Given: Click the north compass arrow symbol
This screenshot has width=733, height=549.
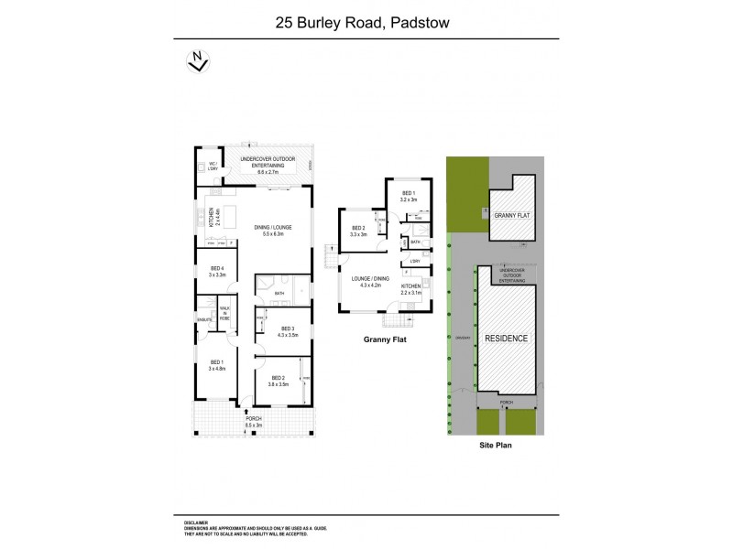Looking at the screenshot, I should tap(194, 61).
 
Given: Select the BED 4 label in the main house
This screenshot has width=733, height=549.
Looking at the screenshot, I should tap(216, 272).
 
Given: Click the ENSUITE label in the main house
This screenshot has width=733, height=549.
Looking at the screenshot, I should tap(203, 318).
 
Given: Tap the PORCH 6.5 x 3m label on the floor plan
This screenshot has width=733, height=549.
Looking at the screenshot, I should tap(254, 422).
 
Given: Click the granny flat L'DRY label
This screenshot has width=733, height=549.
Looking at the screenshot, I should tap(415, 263).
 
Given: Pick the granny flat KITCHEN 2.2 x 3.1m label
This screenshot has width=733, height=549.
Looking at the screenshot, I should tap(411, 289).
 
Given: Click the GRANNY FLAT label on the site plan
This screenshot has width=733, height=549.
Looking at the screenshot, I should tap(512, 216).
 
